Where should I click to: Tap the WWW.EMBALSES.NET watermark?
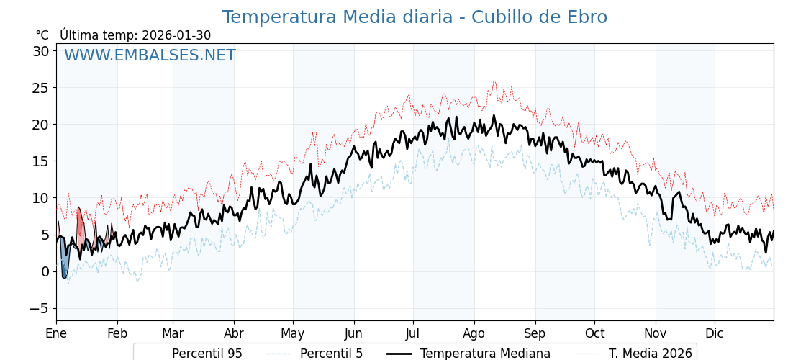pos(150,55)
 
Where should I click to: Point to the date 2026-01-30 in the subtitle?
pos(176,35)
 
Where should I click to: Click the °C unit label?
pos(42,35)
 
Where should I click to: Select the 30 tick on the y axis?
pos(40,51)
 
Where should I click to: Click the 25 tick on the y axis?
pos(40,88)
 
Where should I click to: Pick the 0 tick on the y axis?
pos(45,271)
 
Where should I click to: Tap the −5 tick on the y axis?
pos(40,308)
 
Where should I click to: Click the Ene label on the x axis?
pos(56,333)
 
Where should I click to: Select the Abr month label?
pos(234,333)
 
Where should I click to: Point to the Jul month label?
pos(413,333)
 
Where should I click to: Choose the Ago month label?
pos(474,333)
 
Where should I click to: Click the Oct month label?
pos(594,333)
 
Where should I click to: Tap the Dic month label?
pos(715,333)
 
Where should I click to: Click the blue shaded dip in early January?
pos(64,261)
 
